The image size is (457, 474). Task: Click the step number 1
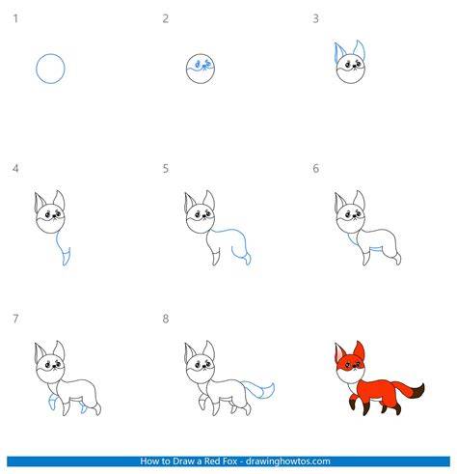pos(15,18)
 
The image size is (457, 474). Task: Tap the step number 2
pos(165,18)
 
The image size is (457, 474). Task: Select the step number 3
pos(315,18)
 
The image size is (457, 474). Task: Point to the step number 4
pos(15,168)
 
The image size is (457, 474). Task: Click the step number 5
pos(166,168)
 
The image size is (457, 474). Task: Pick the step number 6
pos(315,168)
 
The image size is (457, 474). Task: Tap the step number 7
pos(15,319)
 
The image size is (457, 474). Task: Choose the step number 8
pos(166,319)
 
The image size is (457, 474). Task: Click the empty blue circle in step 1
pos(37,69)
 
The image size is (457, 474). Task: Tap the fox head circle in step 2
pos(186,69)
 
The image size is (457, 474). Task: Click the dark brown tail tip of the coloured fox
pos(418,392)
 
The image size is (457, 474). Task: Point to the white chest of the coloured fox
pos(350,376)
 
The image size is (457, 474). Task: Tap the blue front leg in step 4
pos(66,257)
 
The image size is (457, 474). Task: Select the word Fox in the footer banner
pos(229,461)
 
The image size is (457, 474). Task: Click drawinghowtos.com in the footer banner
pos(288,461)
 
